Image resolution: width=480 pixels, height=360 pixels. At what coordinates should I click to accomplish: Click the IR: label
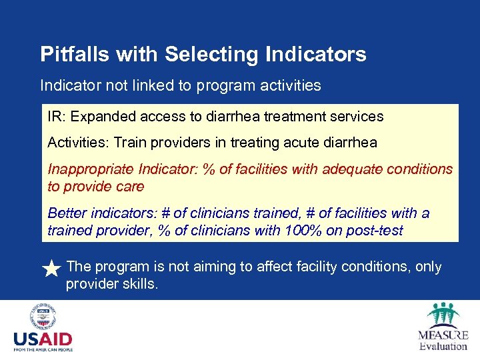57,117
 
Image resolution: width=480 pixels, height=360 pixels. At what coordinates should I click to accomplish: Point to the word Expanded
99,117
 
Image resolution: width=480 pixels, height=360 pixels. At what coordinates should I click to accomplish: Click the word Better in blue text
67,213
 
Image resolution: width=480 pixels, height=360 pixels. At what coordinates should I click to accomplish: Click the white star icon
51,269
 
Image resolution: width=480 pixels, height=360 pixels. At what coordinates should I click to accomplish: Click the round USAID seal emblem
43,317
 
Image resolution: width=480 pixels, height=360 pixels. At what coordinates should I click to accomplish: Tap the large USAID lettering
43,339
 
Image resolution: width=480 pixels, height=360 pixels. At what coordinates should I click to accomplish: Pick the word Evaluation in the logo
443,346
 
